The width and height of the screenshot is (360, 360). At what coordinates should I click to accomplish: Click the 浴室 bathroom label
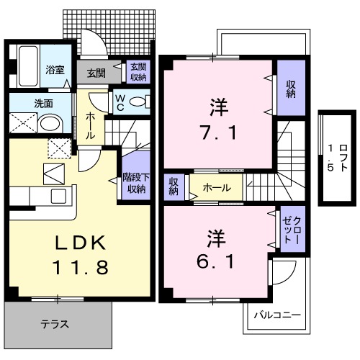click(x=55, y=70)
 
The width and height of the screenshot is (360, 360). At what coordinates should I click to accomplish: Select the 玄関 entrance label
click(x=96, y=72)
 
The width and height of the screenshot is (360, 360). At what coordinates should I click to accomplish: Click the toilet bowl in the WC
click(x=140, y=100)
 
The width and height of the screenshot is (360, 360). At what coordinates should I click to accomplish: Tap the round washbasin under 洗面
click(x=50, y=124)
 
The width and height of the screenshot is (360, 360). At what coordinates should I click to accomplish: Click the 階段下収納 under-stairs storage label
click(x=136, y=184)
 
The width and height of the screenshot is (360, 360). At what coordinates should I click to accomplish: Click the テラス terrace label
click(x=55, y=324)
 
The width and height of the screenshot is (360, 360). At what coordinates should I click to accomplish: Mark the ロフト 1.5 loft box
click(x=330, y=156)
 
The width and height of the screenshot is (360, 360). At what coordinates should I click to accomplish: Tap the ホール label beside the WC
click(x=90, y=125)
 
